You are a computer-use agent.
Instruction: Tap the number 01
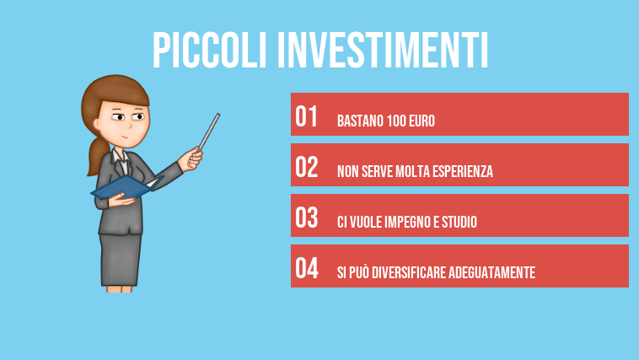pos(307,116)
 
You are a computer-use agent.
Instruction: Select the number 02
pos(307,167)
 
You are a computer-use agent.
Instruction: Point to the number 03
pos(307,218)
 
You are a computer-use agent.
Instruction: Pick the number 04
pos(307,268)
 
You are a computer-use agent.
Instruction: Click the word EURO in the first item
pos(422,121)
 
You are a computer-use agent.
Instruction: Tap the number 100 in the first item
pos(397,121)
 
